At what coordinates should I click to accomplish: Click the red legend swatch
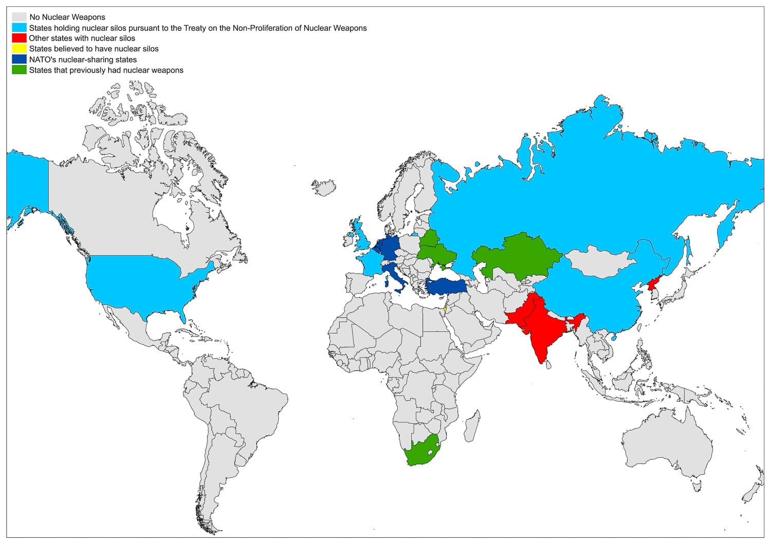coord(19,38)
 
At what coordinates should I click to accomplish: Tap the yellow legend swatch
coord(19,49)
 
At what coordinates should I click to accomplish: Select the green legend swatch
coord(19,70)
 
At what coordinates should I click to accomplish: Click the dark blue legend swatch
coord(19,60)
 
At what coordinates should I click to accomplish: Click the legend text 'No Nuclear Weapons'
coord(67,17)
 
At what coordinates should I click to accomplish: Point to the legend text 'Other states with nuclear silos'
coord(82,38)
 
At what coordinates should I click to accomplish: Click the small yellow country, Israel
coord(445,310)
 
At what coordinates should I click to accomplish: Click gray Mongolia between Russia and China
coord(599,262)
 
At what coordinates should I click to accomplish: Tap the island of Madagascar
coord(472,426)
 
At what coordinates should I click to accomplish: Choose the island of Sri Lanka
coord(549,364)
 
